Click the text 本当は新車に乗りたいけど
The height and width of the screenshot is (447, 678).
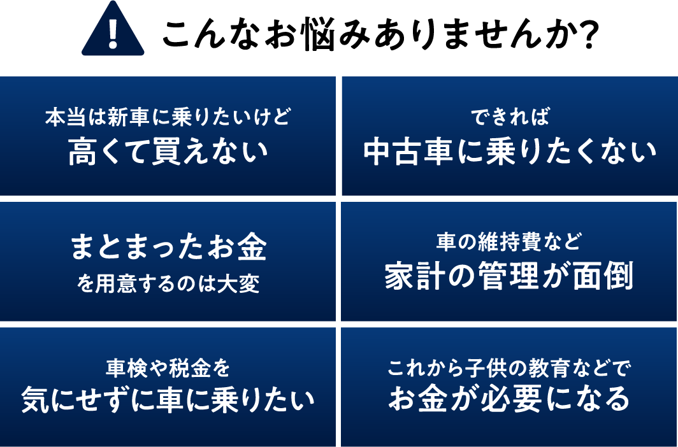[168, 118]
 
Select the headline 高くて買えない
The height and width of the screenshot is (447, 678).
[168, 153]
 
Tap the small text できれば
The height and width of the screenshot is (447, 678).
[510, 118]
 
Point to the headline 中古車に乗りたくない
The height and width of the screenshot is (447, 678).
[510, 153]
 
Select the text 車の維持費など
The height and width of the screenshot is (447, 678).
[509, 242]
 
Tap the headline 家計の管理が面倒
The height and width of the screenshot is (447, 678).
[509, 277]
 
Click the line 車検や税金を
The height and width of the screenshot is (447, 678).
[168, 367]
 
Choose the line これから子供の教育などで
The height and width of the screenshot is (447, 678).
[508, 367]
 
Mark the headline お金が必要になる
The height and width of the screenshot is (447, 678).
[509, 400]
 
